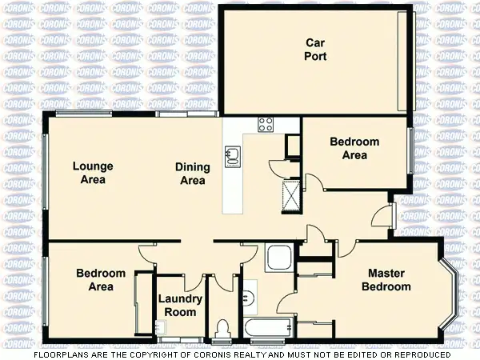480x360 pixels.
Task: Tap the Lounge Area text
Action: click(93, 173)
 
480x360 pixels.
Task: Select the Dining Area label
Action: click(193, 174)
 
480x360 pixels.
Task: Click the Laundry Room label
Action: click(180, 306)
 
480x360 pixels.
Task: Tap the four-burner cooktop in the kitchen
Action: click(265, 124)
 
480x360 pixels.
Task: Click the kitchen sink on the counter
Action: click(233, 154)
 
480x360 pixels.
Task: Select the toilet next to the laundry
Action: click(222, 329)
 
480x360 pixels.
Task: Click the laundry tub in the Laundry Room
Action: click(161, 326)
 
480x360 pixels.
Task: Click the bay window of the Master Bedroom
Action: click(452, 295)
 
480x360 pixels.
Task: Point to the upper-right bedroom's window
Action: click(411, 150)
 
